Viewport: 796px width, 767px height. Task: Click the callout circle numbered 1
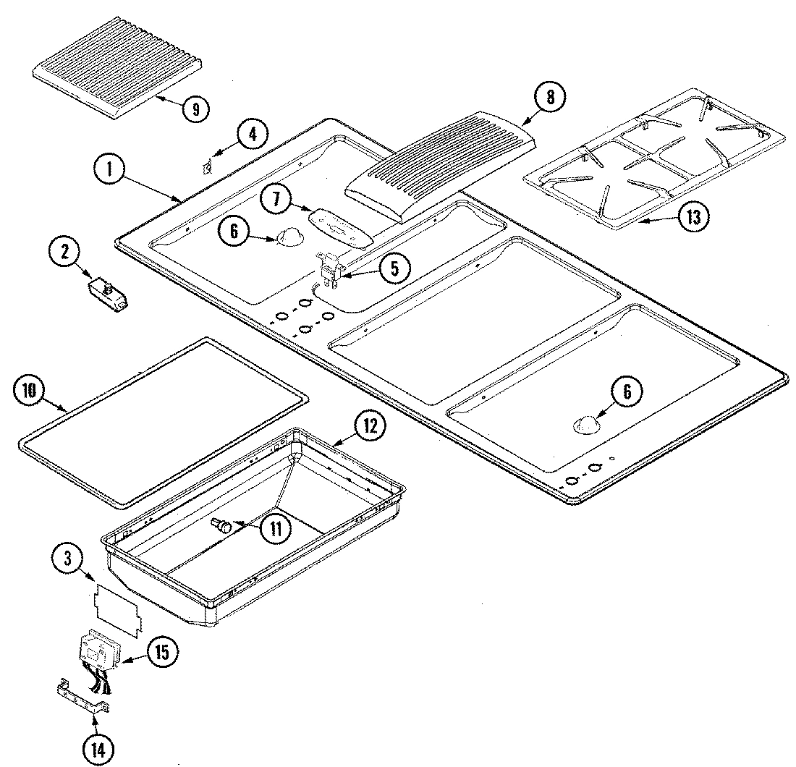coord(110,171)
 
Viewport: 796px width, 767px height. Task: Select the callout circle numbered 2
coord(64,253)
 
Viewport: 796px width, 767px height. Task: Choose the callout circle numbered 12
coord(370,426)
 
